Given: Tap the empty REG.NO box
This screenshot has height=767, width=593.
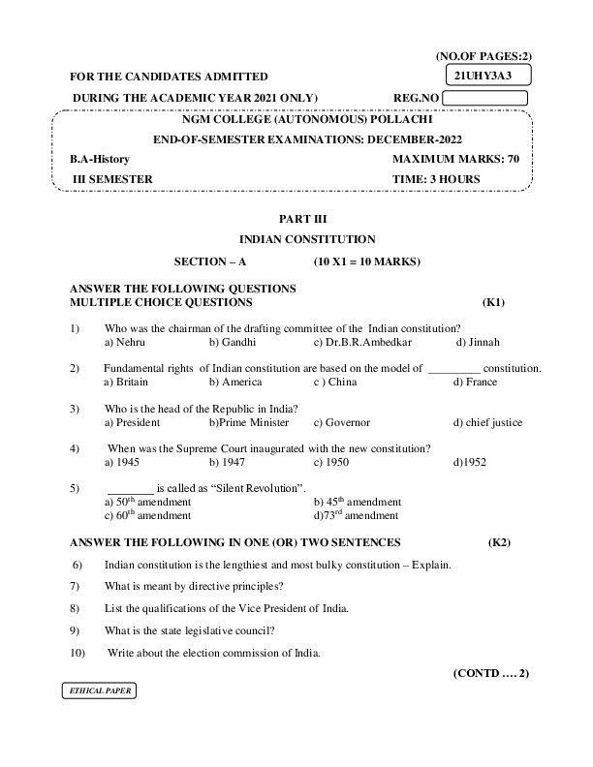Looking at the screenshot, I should (x=485, y=98).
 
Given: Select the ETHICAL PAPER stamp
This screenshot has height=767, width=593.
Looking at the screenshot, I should (x=97, y=691).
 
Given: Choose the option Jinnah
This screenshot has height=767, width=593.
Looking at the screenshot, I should (x=478, y=343).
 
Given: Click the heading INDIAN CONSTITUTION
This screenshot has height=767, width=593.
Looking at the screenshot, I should (x=307, y=238).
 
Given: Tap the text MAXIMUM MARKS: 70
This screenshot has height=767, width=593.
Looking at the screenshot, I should (x=456, y=158).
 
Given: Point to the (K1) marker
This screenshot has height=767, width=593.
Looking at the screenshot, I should (x=493, y=302).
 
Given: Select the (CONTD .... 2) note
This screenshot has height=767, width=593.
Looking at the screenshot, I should (x=490, y=672).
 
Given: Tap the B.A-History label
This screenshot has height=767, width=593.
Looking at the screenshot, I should (x=100, y=158).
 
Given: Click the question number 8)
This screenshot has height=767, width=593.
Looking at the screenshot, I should (x=75, y=608).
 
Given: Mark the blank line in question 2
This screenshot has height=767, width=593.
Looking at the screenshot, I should (x=427, y=369).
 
